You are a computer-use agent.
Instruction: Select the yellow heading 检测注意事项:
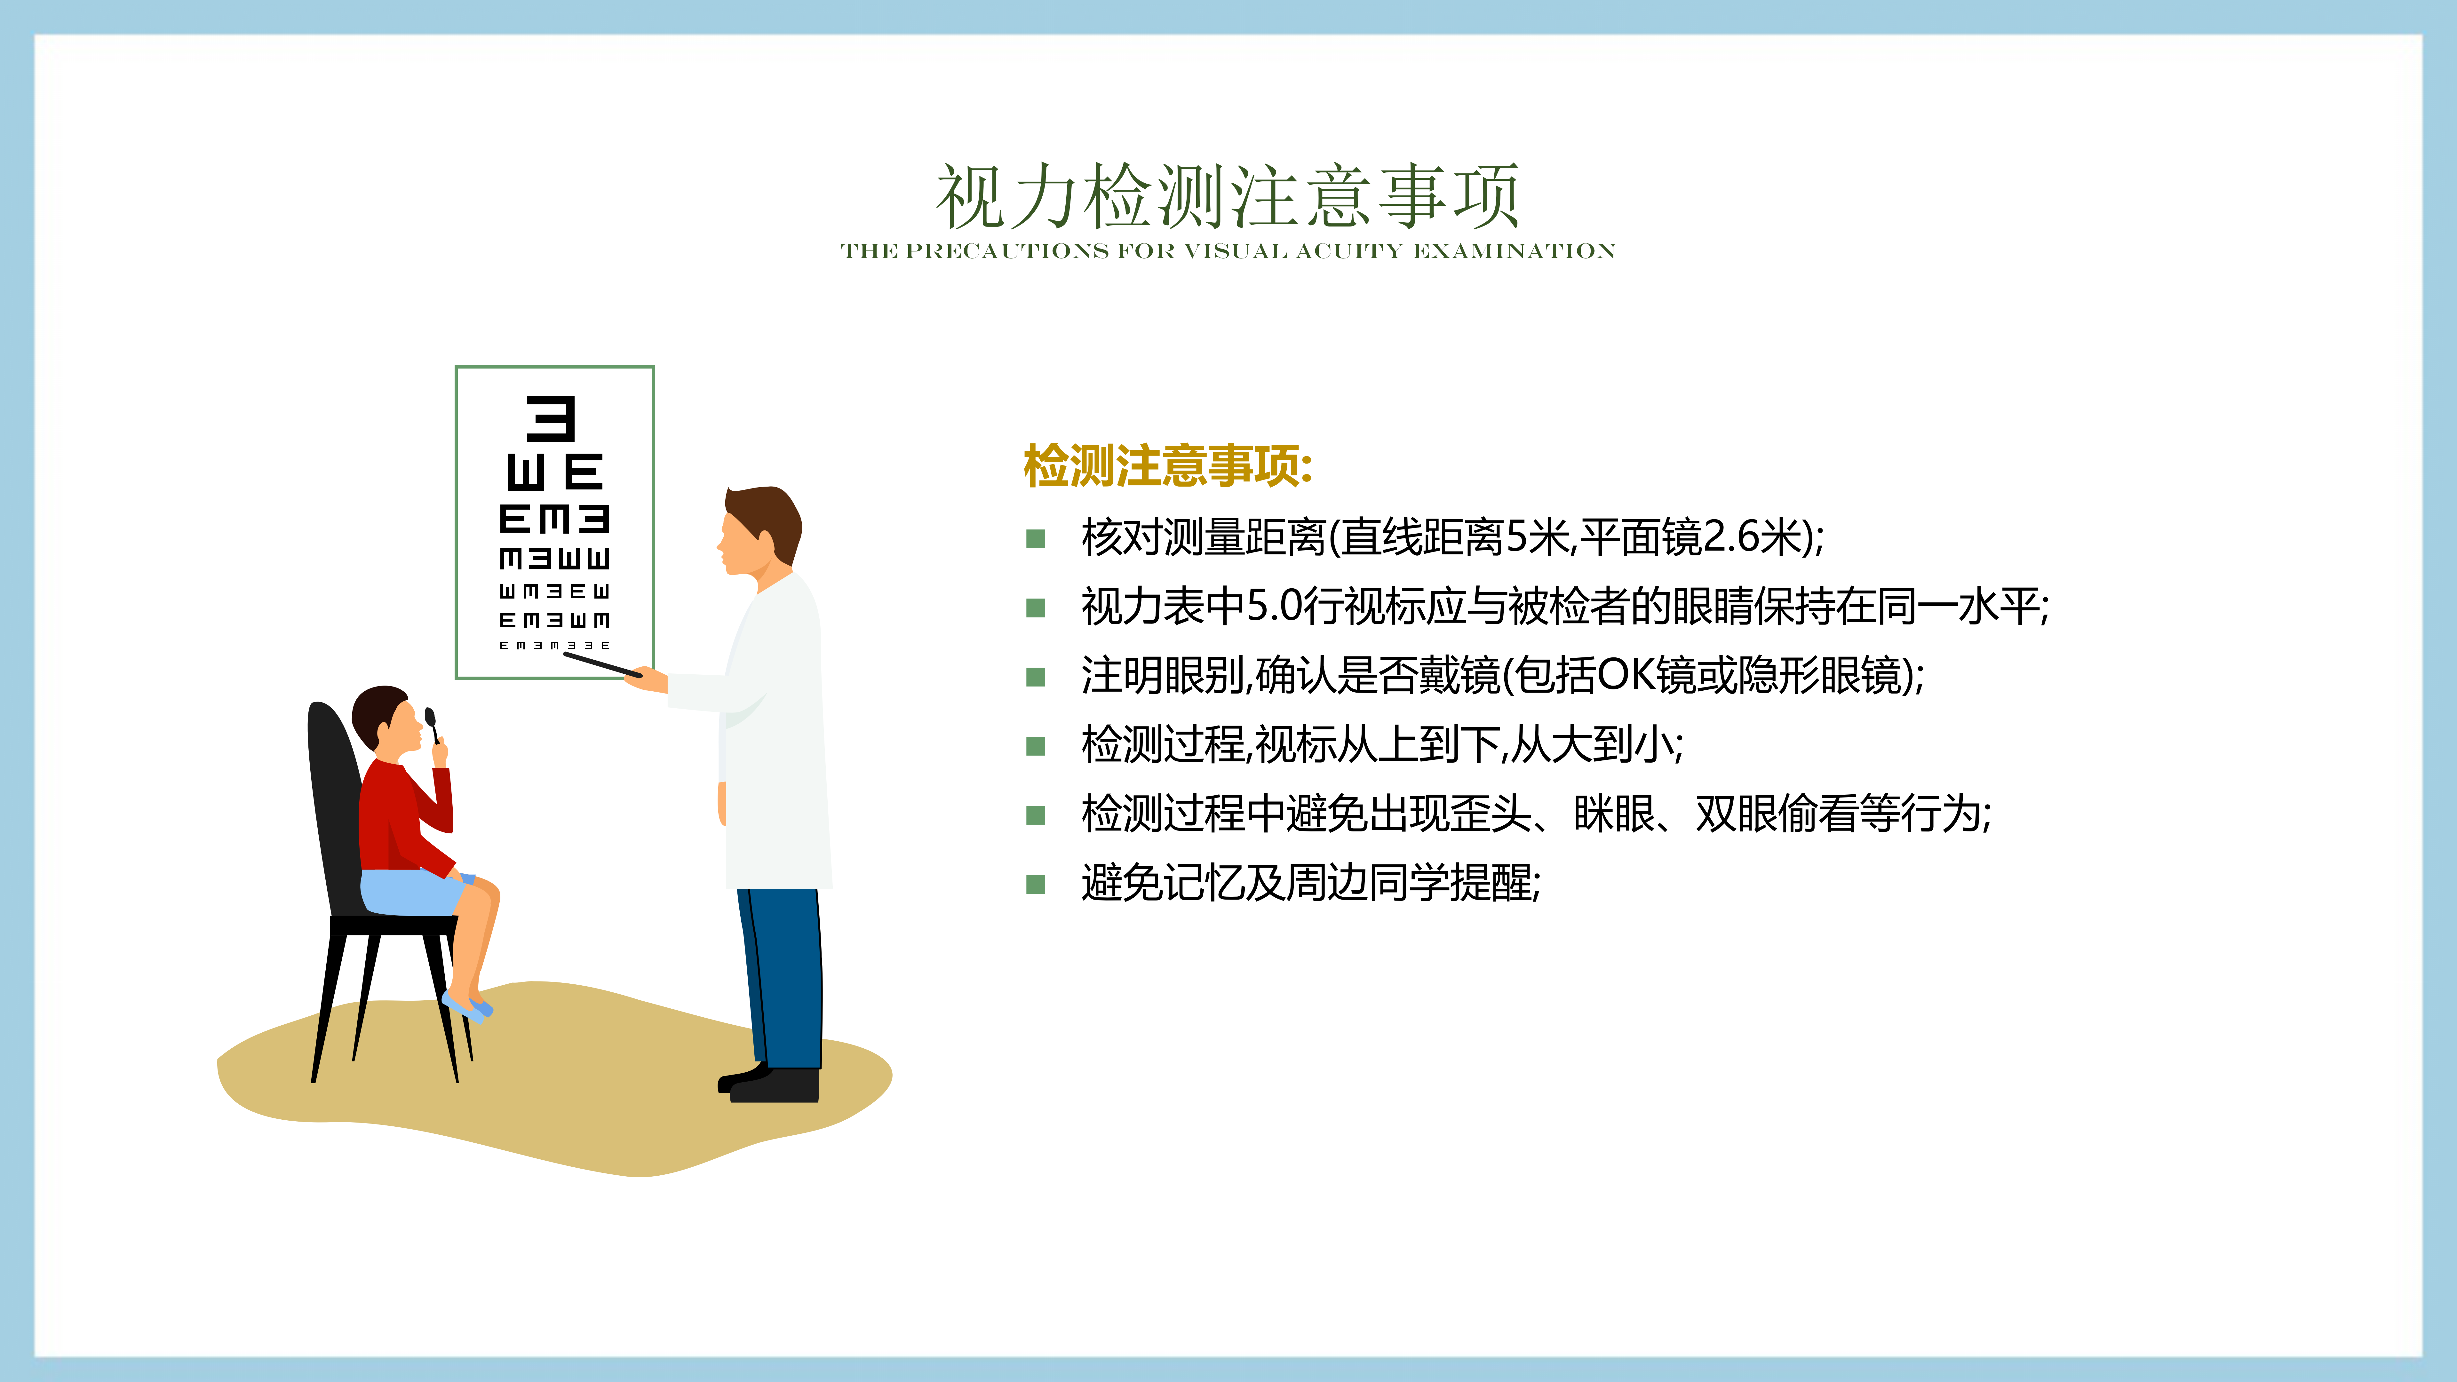(1167, 466)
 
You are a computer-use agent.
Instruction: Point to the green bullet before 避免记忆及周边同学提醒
(1036, 884)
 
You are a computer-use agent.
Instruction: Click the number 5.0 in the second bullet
(1274, 606)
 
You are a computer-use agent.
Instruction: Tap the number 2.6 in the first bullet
(1730, 537)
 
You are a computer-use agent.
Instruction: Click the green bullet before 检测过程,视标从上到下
(1036, 746)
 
